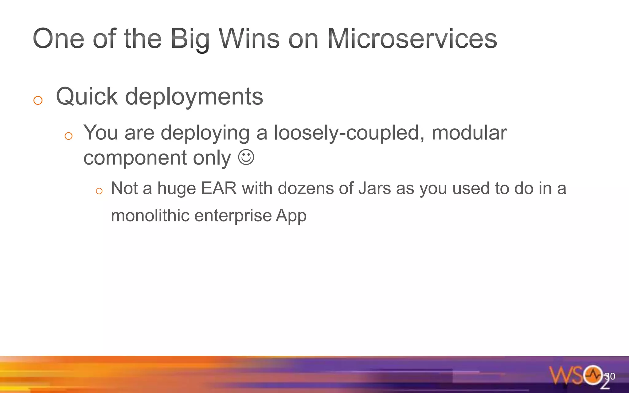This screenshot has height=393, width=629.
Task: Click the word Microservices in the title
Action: [412, 39]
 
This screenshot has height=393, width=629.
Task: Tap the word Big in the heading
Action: [189, 39]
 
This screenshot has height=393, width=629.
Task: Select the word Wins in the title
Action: [249, 39]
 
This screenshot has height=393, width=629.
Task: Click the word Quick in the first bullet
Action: [87, 97]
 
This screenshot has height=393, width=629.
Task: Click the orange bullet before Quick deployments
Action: [38, 100]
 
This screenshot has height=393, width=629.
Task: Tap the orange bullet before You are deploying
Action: [68, 136]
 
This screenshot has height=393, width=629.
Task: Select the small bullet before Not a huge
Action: [99, 191]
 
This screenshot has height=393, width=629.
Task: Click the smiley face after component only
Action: [246, 157]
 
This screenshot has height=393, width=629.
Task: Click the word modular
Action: [469, 133]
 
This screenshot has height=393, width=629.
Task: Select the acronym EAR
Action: [219, 188]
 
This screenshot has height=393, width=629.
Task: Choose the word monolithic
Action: [150, 215]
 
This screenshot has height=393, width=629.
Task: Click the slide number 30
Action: [610, 376]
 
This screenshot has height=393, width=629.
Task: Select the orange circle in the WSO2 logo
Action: [593, 375]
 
